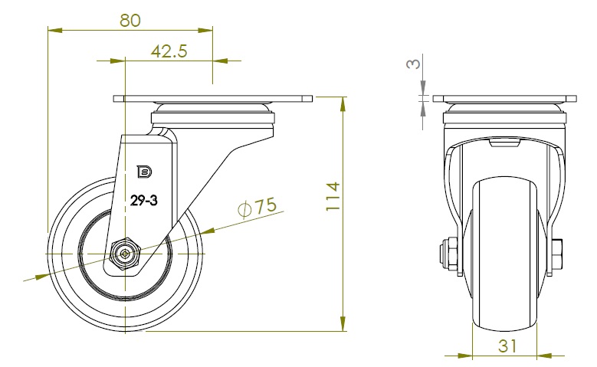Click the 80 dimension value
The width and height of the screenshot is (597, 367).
(x=130, y=20)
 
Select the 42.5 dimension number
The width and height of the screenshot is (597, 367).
(x=169, y=51)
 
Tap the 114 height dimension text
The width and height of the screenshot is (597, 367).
(x=333, y=196)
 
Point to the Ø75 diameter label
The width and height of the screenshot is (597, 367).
(x=257, y=207)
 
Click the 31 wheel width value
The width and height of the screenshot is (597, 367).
(x=507, y=346)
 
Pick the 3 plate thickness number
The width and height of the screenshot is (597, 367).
(x=414, y=63)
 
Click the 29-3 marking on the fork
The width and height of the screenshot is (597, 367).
(x=143, y=200)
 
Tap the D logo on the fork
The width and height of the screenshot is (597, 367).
(x=144, y=172)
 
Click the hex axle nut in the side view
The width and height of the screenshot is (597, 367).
(x=125, y=254)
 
